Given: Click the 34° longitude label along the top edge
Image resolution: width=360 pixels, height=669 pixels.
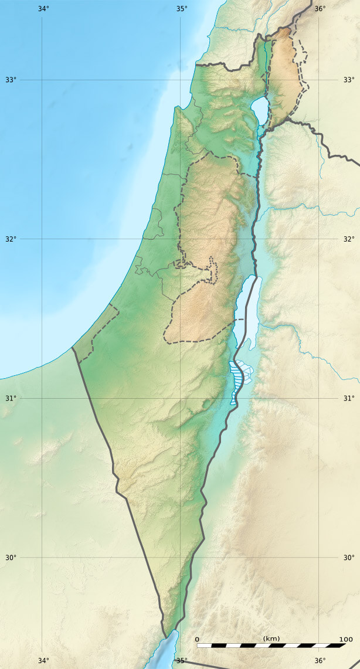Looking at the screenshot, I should pos(43,9).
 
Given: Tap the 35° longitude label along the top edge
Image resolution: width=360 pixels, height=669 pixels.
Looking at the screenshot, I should pos(182,9).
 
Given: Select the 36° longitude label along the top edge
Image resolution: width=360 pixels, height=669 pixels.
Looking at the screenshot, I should pos(320,9).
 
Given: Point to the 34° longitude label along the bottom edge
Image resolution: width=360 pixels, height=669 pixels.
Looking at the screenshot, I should pos(43,661).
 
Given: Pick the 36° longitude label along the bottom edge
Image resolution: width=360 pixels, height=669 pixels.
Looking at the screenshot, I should pos(320,661).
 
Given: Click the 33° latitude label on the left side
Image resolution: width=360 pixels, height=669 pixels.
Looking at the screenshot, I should pos(11,80).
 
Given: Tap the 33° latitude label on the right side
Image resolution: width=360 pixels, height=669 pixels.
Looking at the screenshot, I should pos(349,80).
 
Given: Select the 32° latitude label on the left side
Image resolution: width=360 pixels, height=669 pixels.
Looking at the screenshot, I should pos(11,239).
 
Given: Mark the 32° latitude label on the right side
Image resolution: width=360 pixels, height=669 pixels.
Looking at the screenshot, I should pos(349,239).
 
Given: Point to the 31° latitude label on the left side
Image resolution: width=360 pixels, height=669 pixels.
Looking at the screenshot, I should pos(11,399).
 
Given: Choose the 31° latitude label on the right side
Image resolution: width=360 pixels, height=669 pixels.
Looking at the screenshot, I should pos(349,399).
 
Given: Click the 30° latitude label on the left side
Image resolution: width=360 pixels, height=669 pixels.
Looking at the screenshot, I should pos(11,558).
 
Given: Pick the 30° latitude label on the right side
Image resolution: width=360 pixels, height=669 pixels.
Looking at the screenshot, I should pos(349,558).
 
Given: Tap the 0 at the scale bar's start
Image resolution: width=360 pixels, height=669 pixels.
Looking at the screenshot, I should pos(197,639).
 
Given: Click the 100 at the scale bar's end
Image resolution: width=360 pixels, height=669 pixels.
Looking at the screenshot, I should pos(345,639).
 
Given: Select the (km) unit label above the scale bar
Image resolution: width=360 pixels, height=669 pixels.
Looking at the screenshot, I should pos(271,638).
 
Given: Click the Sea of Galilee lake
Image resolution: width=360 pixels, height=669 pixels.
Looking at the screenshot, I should pos(259,108).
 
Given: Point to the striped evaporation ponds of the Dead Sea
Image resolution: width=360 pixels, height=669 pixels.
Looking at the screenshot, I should pos(236,378).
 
